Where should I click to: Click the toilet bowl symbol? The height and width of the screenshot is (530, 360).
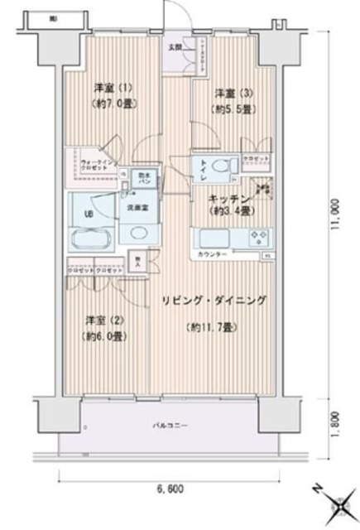coord(219,167)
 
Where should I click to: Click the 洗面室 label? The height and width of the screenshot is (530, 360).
coord(136,207)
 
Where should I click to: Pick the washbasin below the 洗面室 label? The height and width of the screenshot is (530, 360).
coord(136,234)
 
